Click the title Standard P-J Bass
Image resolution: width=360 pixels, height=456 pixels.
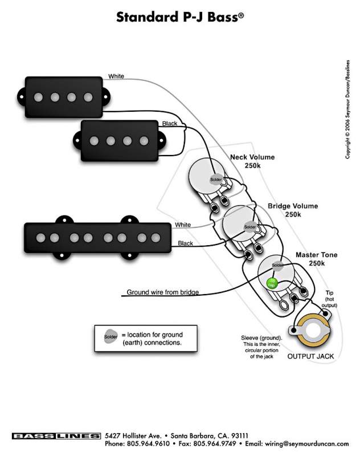tap(180, 17)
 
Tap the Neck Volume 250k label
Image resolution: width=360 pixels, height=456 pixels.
tap(252, 161)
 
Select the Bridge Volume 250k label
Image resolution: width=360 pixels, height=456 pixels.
tap(293, 210)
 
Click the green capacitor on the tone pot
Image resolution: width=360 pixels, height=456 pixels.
tap(273, 282)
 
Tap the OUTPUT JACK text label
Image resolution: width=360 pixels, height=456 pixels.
tap(310, 356)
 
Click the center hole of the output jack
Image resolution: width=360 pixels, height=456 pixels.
tap(312, 331)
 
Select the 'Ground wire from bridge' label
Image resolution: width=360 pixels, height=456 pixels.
tap(162, 292)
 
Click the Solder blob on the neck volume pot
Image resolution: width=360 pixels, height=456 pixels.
tap(215, 180)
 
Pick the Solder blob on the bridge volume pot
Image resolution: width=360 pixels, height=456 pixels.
tap(250, 227)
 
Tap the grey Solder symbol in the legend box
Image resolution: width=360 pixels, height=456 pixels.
tap(111, 337)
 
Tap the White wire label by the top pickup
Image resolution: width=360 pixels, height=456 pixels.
tap(116, 76)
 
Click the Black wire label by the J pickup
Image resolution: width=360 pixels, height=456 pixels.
tap(185, 243)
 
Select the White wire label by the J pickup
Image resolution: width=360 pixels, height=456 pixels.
tap(183, 225)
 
